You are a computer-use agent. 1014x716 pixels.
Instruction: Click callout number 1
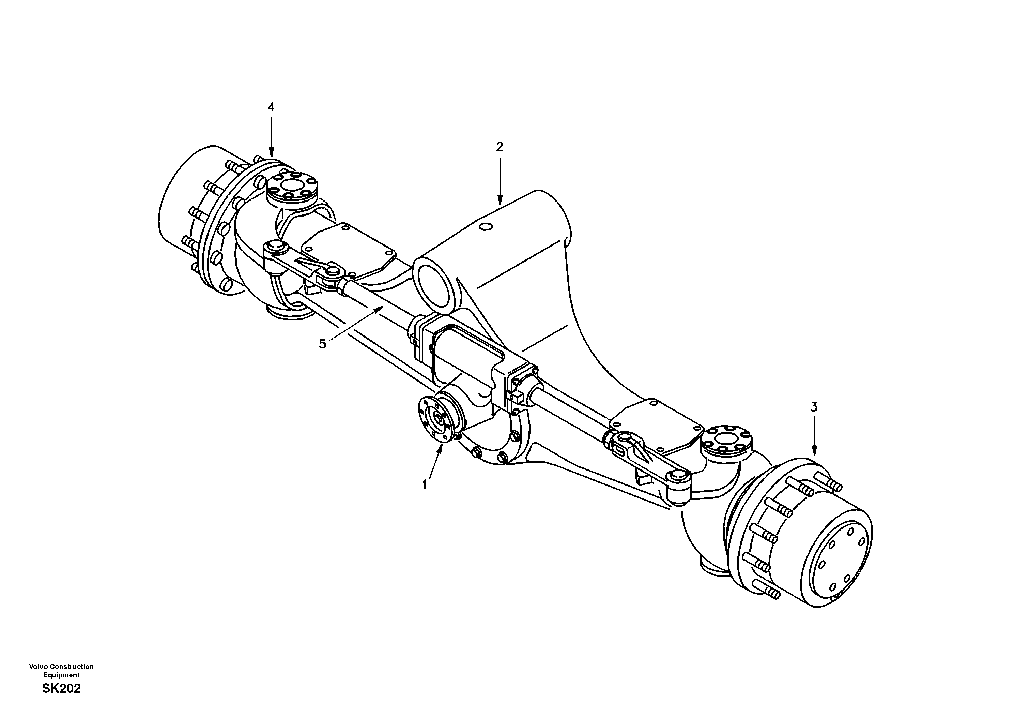[424, 485]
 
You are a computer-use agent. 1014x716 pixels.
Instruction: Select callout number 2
[499, 147]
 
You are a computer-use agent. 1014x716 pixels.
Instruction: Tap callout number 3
[814, 407]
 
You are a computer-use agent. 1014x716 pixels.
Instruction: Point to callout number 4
[271, 107]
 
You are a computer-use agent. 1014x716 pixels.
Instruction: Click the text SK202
[61, 689]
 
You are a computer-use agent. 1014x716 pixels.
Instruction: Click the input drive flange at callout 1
[435, 418]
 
